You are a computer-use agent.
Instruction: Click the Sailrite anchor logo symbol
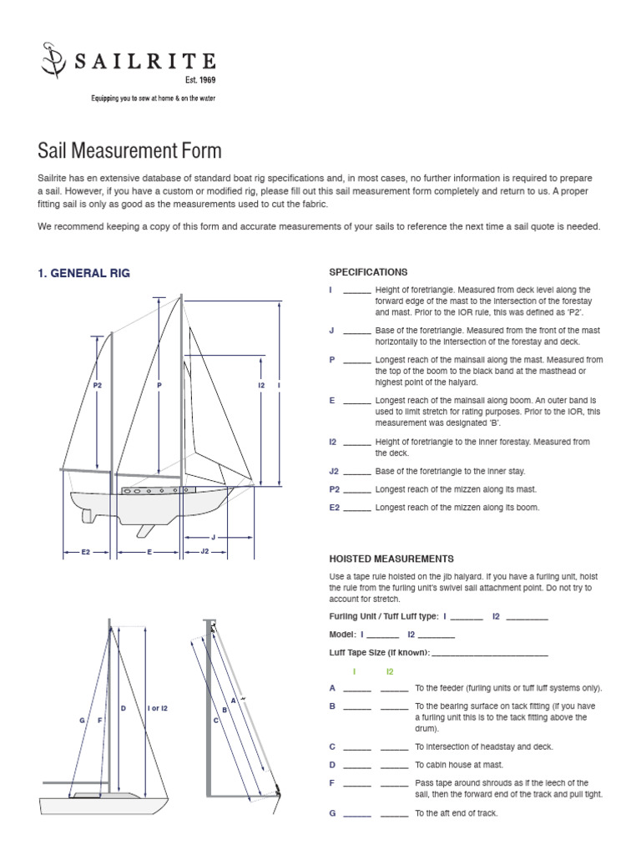[54, 61]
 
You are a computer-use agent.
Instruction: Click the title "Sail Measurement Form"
[130, 151]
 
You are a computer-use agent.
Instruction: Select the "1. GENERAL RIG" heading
[84, 273]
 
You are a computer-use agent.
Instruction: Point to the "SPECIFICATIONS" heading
[368, 272]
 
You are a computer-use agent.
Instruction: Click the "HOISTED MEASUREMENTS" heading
[391, 559]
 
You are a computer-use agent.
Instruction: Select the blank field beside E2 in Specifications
[357, 509]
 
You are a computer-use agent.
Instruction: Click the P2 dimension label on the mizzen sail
[98, 386]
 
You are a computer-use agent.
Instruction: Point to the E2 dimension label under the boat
[85, 553]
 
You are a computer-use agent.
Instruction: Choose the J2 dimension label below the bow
[205, 553]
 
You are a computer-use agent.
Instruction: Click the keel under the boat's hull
[144, 530]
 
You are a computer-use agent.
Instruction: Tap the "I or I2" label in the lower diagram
[158, 709]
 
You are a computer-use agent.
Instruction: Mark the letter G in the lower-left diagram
[83, 720]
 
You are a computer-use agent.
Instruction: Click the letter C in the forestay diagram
[215, 720]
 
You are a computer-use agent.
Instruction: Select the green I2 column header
[390, 671]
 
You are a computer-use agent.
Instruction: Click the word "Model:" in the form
[343, 635]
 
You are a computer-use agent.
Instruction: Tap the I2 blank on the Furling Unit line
[527, 619]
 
